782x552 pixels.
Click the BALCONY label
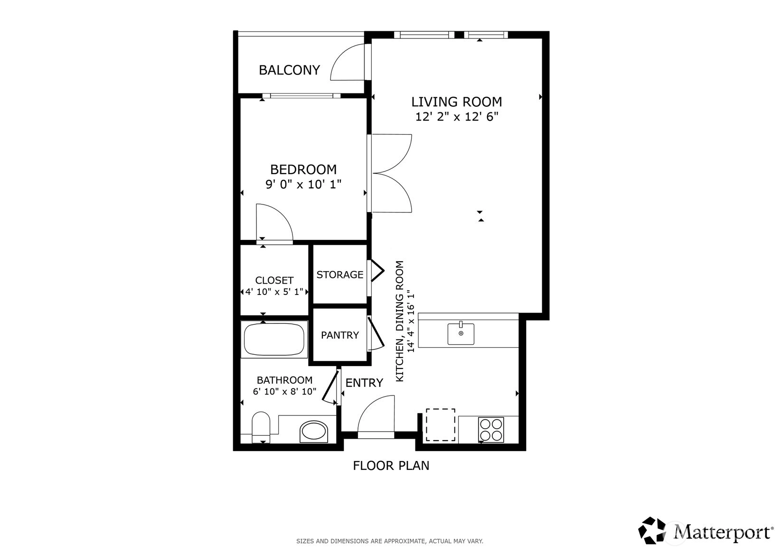tap(289, 70)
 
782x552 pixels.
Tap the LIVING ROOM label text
tap(457, 102)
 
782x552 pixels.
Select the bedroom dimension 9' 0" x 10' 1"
tap(303, 184)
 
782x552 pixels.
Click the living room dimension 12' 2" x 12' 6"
tap(457, 117)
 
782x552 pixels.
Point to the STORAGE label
tap(339, 275)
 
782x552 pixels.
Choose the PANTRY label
tap(339, 335)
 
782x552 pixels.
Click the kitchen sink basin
tap(461, 334)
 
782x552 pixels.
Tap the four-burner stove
tap(491, 430)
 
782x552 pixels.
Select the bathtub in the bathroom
tap(274, 339)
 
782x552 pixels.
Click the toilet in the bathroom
tap(261, 427)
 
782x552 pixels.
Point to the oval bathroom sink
tap(314, 432)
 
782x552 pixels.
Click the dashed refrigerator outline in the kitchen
tap(440, 425)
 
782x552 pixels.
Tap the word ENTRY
tap(364, 383)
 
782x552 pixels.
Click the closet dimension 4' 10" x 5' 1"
tap(274, 292)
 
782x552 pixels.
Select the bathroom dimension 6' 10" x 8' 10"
tap(284, 392)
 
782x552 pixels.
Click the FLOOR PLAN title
tap(391, 466)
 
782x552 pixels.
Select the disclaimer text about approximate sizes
tap(390, 542)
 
